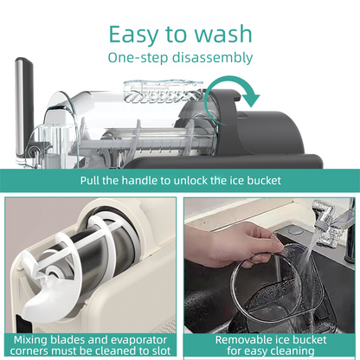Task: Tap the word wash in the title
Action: [221, 34]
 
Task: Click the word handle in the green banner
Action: [141, 181]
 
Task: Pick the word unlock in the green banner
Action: [199, 181]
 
